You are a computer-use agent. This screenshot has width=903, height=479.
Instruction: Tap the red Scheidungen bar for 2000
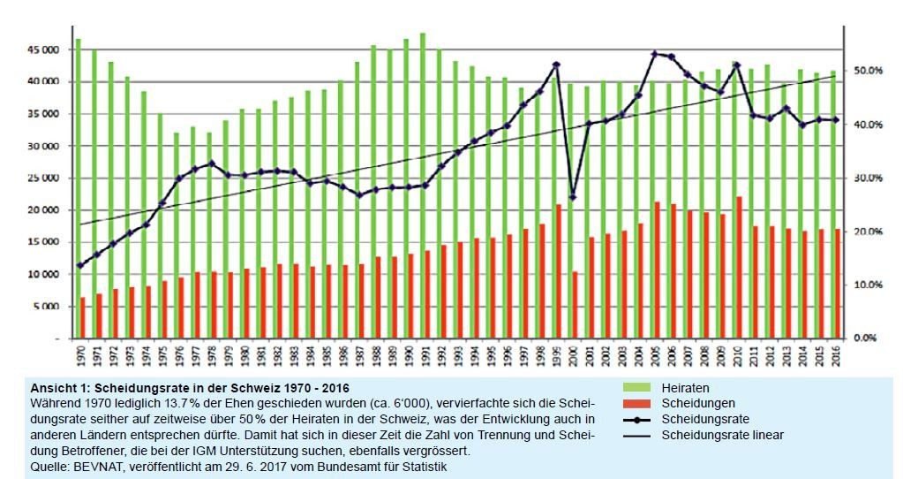coord(573,305)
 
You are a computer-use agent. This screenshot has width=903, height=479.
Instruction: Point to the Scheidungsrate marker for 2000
coord(573,197)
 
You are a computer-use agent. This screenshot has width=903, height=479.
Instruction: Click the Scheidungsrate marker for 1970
coord(79,265)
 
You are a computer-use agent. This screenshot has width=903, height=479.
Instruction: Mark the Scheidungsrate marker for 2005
coord(654,54)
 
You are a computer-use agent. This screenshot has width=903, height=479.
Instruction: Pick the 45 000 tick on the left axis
coord(43,49)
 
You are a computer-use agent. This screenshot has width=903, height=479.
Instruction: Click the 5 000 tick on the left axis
coord(46,307)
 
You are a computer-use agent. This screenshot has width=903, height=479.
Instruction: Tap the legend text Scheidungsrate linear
coord(722,435)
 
